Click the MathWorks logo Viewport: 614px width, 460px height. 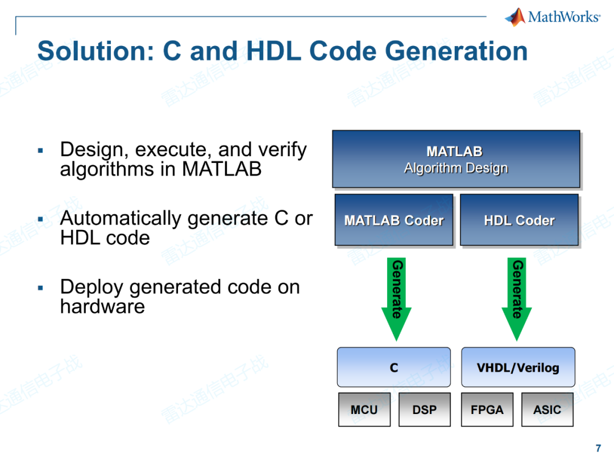click(551, 16)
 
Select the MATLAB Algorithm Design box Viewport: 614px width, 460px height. click(455, 159)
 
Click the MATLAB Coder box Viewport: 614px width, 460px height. click(393, 220)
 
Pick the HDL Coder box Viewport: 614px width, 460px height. click(518, 220)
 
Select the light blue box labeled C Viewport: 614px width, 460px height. click(393, 367)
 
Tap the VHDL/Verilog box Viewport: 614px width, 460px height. click(517, 367)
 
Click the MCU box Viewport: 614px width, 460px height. click(364, 409)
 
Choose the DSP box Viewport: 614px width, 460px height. click(424, 409)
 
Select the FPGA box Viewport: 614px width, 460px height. click(487, 409)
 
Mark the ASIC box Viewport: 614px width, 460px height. click(547, 409)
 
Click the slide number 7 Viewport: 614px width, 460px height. click(598, 448)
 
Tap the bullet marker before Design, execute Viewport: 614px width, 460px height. click(40, 150)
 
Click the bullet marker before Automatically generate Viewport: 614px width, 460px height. click(40, 219)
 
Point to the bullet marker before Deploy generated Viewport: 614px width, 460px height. click(40, 287)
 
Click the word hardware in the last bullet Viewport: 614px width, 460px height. click(102, 307)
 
